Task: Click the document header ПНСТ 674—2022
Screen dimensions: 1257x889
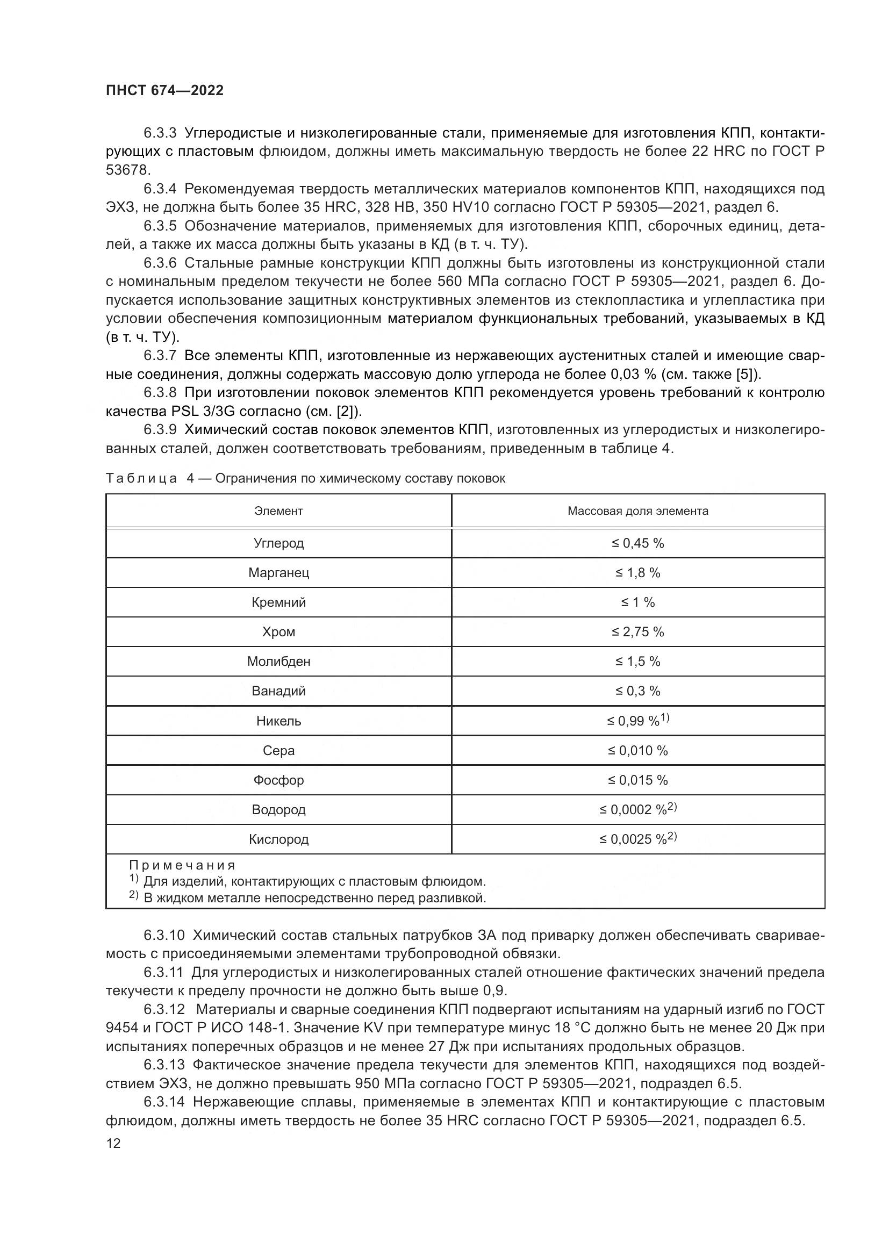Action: coord(165,90)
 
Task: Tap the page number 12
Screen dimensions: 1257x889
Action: coord(113,1143)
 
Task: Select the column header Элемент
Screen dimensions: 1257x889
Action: coord(278,511)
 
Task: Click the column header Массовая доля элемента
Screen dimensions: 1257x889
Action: coord(638,511)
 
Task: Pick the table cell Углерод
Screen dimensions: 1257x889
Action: coord(278,543)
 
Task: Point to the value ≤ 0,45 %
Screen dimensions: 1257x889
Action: coord(638,543)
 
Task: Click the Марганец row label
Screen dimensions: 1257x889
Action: coord(278,573)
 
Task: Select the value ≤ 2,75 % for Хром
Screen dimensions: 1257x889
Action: coord(638,632)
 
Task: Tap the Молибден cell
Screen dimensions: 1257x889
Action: coord(278,662)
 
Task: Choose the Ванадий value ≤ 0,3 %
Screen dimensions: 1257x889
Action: coord(638,691)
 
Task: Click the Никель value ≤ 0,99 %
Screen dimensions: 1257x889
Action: coord(635,721)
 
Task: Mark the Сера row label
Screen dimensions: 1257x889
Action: coord(278,751)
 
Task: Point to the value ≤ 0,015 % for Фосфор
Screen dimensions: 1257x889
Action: coord(638,780)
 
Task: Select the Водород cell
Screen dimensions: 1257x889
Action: coord(278,810)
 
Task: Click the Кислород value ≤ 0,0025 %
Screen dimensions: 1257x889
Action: coord(635,839)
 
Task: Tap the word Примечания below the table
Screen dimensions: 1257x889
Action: coord(182,866)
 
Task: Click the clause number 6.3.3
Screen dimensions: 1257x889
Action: coord(160,133)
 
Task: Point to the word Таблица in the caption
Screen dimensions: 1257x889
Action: coord(141,478)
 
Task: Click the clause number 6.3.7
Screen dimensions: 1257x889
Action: coord(160,356)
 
